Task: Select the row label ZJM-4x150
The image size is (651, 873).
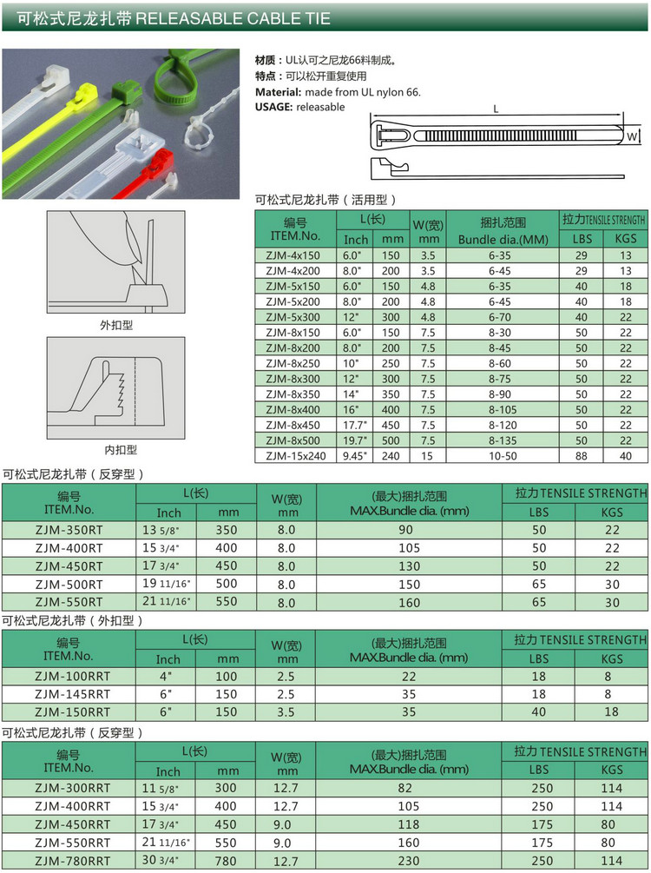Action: click(293, 255)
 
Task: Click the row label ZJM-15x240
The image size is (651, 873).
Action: click(293, 455)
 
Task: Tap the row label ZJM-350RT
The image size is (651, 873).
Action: click(69, 529)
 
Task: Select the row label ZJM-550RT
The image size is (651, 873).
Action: click(69, 601)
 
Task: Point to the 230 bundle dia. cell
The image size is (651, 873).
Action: click(410, 860)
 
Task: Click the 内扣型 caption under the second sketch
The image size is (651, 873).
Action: click(121, 449)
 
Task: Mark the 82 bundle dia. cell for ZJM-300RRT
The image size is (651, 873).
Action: click(410, 788)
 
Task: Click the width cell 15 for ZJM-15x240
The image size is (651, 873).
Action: click(427, 455)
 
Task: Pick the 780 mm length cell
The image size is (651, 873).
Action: click(226, 860)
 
